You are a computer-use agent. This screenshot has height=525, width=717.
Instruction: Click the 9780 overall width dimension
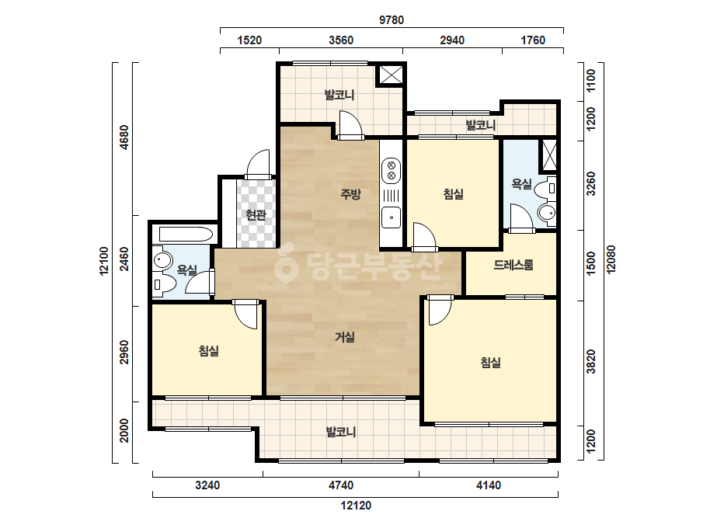[392, 20]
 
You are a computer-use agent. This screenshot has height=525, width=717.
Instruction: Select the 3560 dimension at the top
[341, 40]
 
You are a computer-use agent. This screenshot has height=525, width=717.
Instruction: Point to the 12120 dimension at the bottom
[356, 506]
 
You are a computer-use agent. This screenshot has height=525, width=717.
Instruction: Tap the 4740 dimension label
[341, 485]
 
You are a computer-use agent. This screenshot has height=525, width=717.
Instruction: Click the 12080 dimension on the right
[611, 259]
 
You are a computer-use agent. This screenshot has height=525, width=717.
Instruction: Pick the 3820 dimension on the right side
[591, 361]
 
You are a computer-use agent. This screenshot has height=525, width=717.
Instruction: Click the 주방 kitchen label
[350, 194]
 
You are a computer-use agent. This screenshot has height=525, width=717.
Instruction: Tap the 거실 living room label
[345, 337]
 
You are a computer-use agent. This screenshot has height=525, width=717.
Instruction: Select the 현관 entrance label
[256, 214]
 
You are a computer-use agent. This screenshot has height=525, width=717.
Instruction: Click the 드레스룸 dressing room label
[513, 265]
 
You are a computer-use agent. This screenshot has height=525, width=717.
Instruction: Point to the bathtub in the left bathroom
[186, 235]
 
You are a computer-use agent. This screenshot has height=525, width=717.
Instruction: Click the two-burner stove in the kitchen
[392, 171]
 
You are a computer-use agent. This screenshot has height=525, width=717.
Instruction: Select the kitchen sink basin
[392, 217]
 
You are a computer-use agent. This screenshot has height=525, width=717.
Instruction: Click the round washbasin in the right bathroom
[547, 213]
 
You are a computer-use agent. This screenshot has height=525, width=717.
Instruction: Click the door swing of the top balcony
[350, 123]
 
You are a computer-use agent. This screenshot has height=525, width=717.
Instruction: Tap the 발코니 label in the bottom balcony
[341, 432]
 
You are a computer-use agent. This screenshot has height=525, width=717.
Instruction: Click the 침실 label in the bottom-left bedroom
[208, 351]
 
